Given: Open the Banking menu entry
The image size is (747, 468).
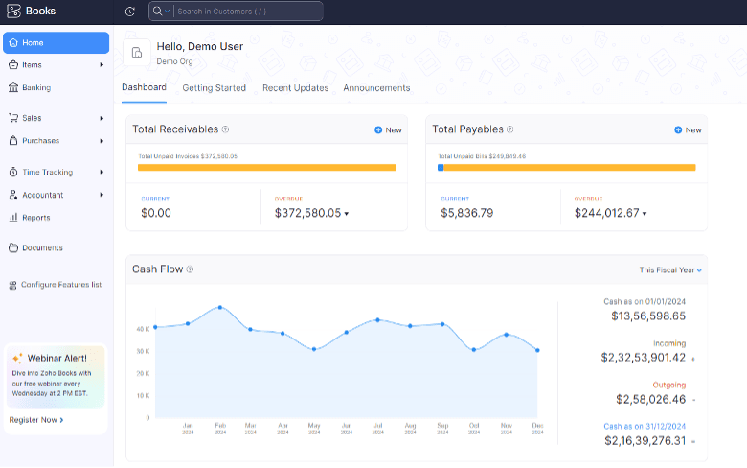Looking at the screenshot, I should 35,87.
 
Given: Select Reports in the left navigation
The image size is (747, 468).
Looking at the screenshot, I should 35,218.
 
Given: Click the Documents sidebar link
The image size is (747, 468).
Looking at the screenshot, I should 41,248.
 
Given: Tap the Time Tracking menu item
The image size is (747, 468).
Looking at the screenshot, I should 47,173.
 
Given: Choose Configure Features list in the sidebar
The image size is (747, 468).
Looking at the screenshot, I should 60,285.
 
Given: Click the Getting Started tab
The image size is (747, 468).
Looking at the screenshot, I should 214,88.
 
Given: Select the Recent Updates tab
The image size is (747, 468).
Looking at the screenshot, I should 295,88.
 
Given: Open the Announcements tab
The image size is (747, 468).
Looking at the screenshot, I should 376,88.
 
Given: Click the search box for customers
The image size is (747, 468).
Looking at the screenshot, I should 247,12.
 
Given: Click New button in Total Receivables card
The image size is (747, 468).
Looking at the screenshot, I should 388,130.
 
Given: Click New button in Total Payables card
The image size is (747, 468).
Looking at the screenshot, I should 688,130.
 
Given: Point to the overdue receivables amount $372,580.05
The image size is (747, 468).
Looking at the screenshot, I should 307,213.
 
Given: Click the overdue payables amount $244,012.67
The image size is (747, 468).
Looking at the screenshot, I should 606,213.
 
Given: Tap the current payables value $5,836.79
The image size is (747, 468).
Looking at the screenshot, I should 466,213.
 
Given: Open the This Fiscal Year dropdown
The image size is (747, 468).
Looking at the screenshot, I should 670,270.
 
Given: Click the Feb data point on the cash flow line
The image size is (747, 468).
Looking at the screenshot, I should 220,307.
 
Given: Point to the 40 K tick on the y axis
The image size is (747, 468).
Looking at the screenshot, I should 142,329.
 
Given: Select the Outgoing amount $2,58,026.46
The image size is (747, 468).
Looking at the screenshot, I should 645,399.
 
